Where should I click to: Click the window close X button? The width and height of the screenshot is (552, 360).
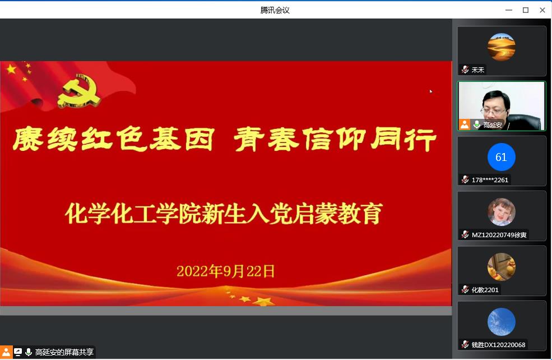(x=542, y=10)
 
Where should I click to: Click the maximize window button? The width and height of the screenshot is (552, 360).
(x=526, y=10)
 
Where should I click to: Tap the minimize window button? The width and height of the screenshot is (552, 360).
(x=509, y=10)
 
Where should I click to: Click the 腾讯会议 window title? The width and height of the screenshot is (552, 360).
(x=275, y=10)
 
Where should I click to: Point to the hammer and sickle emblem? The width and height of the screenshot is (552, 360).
(x=79, y=91)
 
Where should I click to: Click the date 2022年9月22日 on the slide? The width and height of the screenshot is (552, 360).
(x=226, y=271)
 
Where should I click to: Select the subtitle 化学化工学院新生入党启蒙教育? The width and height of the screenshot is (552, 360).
(x=224, y=214)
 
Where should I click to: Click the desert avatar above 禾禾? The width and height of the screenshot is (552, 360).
(x=502, y=47)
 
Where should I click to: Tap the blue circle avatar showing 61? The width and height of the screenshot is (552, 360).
(x=502, y=157)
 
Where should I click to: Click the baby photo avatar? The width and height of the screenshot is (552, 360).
(x=502, y=212)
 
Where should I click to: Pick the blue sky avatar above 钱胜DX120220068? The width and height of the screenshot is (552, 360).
(x=502, y=322)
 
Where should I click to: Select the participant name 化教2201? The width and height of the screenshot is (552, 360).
(x=485, y=290)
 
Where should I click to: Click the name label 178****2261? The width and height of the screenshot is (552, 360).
(x=490, y=180)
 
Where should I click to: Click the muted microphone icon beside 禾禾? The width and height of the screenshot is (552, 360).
(x=465, y=70)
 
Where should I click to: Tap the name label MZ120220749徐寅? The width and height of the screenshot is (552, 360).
(x=499, y=235)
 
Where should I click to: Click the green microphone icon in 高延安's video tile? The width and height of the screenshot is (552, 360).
(x=477, y=124)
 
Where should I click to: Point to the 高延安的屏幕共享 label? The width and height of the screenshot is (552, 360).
(x=64, y=352)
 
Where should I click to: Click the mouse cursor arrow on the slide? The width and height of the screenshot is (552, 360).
(x=431, y=91)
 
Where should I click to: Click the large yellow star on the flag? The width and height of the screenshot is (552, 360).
(x=12, y=69)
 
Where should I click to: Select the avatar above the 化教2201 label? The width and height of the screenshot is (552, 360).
(x=502, y=267)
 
